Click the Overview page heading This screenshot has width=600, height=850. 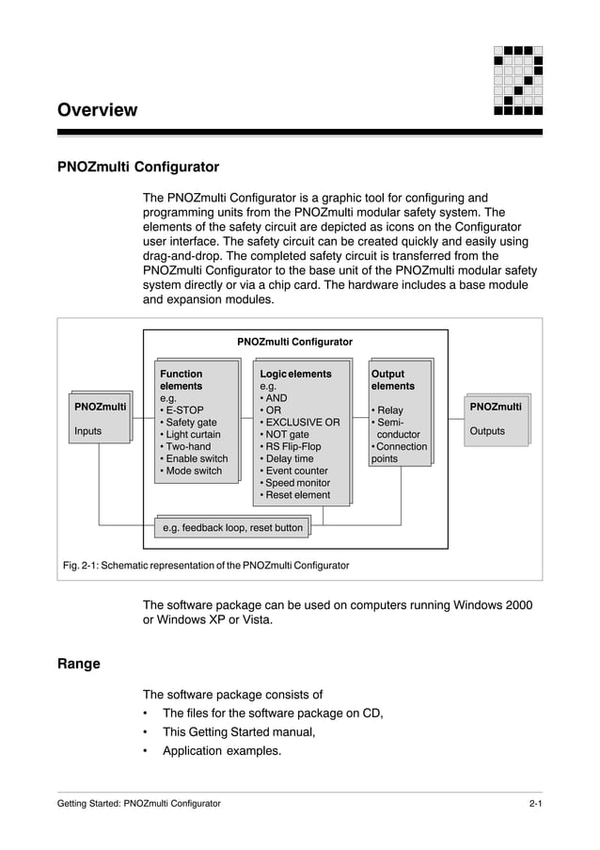click(98, 110)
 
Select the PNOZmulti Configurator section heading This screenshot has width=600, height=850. click(138, 168)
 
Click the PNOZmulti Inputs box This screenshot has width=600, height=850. click(101, 419)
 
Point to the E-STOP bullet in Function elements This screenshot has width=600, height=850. click(184, 410)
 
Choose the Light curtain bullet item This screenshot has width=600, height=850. click(193, 435)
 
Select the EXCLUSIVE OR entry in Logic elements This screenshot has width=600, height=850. click(302, 423)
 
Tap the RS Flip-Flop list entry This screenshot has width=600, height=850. click(294, 447)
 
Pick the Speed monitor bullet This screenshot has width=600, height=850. click(297, 483)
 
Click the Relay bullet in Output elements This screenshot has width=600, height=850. click(389, 410)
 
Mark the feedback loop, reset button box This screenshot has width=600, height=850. click(232, 528)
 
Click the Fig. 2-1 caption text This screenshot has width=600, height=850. click(206, 566)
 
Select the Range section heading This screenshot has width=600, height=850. click(79, 664)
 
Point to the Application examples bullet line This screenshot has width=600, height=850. click(221, 751)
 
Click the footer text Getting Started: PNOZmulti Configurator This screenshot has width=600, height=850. click(139, 804)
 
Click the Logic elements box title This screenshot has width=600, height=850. click(295, 374)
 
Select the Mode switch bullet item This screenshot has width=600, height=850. click(194, 471)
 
